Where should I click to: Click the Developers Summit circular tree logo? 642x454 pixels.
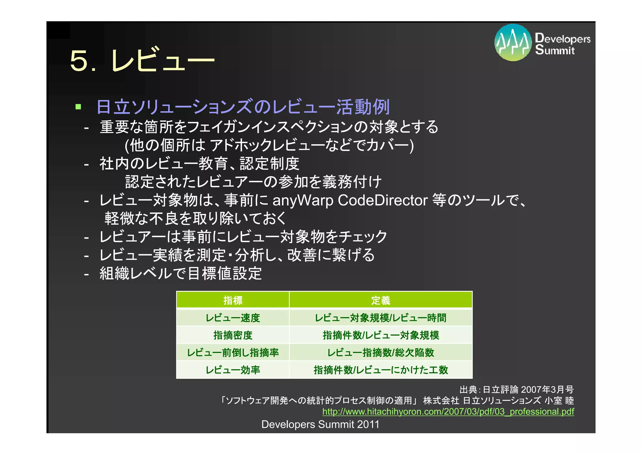[513, 42]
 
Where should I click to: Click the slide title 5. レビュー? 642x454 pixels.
[142, 60]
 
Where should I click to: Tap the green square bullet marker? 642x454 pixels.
[78, 107]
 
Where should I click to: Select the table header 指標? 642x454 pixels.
[233, 300]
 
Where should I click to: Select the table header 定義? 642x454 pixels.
[381, 300]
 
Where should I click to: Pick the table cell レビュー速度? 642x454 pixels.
[233, 318]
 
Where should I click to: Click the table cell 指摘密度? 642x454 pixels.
[233, 335]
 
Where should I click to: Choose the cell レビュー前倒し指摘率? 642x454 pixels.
[233, 352]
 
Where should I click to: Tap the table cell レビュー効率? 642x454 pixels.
[233, 370]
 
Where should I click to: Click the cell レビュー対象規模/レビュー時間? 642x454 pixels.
[381, 318]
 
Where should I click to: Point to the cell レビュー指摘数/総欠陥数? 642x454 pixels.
[381, 352]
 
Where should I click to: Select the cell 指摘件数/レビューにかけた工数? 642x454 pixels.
[381, 370]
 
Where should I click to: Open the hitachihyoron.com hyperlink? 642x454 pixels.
[448, 411]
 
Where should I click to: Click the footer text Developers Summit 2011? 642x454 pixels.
[320, 424]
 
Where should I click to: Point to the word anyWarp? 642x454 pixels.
[303, 201]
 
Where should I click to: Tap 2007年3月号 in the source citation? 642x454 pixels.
[547, 389]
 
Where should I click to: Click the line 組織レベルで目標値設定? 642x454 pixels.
[181, 273]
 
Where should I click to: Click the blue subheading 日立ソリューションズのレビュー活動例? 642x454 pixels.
[243, 107]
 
